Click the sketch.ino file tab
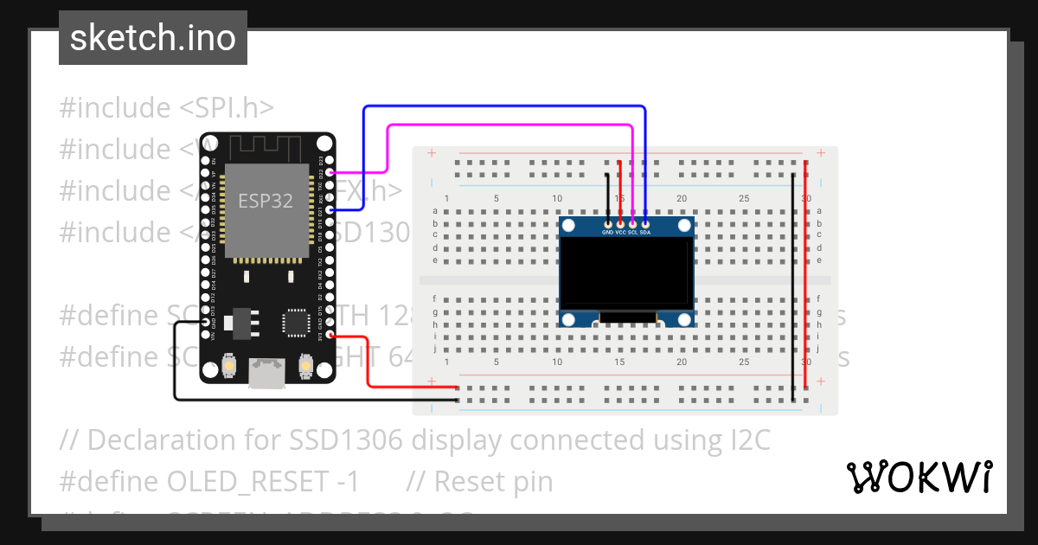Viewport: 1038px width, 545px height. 152,38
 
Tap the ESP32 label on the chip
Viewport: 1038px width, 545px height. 266,202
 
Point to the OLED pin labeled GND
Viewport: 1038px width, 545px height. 608,225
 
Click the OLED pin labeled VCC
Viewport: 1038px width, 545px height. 620,225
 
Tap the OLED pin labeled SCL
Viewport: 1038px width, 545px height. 633,225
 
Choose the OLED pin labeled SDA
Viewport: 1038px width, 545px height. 645,225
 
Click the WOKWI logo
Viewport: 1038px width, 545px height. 919,477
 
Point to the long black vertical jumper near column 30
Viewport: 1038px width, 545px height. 793,285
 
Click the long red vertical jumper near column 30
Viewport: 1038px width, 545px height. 806,277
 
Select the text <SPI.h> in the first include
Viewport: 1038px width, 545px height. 227,108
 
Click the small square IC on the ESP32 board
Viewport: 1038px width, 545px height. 295,323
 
